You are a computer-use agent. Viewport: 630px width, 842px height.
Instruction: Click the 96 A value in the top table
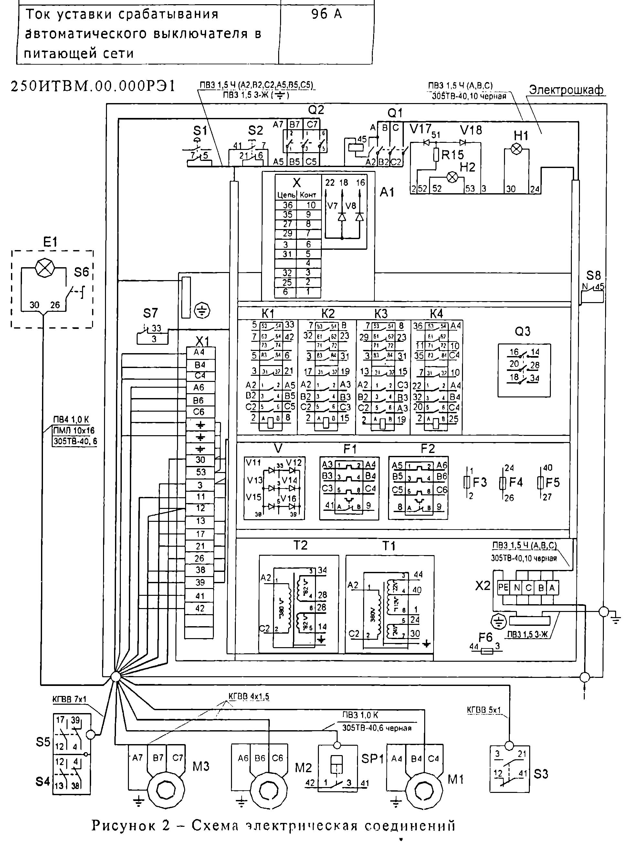point(326,15)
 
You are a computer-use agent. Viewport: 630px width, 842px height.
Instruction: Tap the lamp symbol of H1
point(516,149)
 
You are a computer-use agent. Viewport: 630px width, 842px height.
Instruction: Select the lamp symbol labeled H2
point(452,177)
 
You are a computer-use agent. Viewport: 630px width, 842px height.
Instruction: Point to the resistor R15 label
point(453,154)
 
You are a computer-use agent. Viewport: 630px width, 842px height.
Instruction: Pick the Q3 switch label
point(522,332)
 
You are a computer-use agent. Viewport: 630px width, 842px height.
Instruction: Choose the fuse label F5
point(553,483)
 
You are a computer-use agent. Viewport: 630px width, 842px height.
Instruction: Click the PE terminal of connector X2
point(503,587)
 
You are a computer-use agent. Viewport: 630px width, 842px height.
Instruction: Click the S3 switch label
point(541,774)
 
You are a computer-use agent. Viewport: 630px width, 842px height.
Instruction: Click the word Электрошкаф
point(566,90)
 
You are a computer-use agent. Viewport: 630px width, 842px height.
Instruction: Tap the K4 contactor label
point(436,314)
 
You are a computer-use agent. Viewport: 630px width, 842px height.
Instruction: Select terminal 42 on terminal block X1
point(200,608)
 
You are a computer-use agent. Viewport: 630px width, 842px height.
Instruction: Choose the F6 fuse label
point(485,637)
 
